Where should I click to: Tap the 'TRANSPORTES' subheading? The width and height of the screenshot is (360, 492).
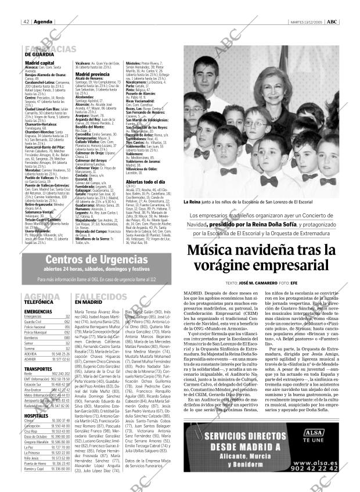tap(37, 368)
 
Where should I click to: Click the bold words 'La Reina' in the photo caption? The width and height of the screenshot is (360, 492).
tap(192, 202)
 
